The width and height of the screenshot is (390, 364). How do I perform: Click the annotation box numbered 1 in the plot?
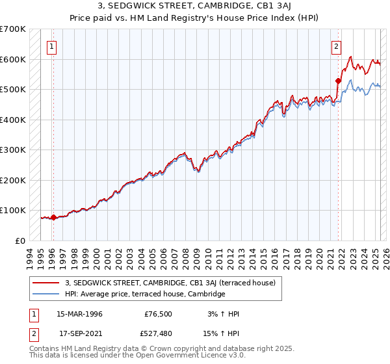coord(51,46)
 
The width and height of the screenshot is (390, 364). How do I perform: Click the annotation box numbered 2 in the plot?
coord(336,46)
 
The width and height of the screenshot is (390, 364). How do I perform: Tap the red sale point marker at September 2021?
coord(338,81)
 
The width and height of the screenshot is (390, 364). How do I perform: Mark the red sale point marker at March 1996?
coord(53,218)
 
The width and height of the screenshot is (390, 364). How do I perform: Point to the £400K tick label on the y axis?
coord(13,120)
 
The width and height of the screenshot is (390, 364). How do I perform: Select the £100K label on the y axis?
coord(13,211)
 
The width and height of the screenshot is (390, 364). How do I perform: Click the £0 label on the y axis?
coord(21,240)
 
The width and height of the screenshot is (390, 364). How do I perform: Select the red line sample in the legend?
coord(47,283)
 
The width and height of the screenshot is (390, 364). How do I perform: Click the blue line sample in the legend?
coord(47,294)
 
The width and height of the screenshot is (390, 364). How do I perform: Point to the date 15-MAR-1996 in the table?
coord(79,313)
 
